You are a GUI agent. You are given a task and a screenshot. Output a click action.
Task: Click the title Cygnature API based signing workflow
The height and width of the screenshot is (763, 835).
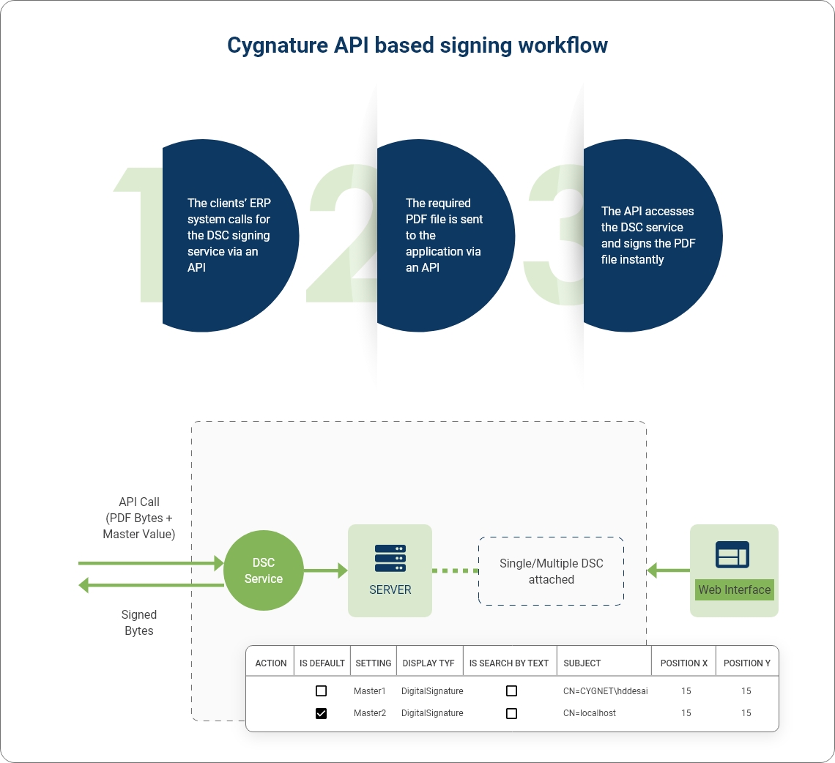(417, 45)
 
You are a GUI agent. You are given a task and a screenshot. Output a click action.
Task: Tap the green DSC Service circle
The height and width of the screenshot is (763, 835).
(263, 570)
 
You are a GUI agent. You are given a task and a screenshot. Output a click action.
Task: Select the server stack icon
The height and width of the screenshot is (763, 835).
(390, 558)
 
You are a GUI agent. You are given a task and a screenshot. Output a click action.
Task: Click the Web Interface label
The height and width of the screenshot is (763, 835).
(734, 589)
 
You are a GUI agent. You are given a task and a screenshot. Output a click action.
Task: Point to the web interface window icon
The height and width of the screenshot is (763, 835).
(732, 554)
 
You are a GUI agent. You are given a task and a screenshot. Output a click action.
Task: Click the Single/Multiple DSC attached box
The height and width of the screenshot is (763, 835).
(551, 571)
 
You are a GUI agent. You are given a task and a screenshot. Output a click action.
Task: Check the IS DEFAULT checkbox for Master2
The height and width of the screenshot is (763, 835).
(321, 713)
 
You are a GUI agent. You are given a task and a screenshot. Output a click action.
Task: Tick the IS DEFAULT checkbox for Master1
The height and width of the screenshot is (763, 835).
(321, 691)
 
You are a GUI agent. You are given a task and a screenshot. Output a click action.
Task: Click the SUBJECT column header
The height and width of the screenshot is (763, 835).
(582, 663)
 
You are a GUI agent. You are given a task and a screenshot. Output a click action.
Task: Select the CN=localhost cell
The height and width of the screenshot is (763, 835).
(590, 713)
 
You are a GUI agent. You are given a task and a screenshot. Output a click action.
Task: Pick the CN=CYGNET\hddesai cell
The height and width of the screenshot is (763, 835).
(605, 691)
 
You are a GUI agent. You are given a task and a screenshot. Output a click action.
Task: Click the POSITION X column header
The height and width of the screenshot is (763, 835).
(684, 663)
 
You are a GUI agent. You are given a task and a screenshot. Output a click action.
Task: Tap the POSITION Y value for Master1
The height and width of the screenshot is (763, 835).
(746, 691)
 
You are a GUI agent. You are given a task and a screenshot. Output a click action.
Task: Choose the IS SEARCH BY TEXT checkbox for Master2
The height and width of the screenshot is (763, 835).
(511, 713)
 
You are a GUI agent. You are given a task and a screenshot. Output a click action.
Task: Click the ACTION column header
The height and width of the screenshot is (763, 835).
(271, 663)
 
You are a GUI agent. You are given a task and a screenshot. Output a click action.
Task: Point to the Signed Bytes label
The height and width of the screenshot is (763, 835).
(139, 622)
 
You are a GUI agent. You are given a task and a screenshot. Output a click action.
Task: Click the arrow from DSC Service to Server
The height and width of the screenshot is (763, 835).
(325, 570)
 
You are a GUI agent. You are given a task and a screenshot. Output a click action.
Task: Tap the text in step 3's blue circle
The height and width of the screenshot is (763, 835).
(647, 235)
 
